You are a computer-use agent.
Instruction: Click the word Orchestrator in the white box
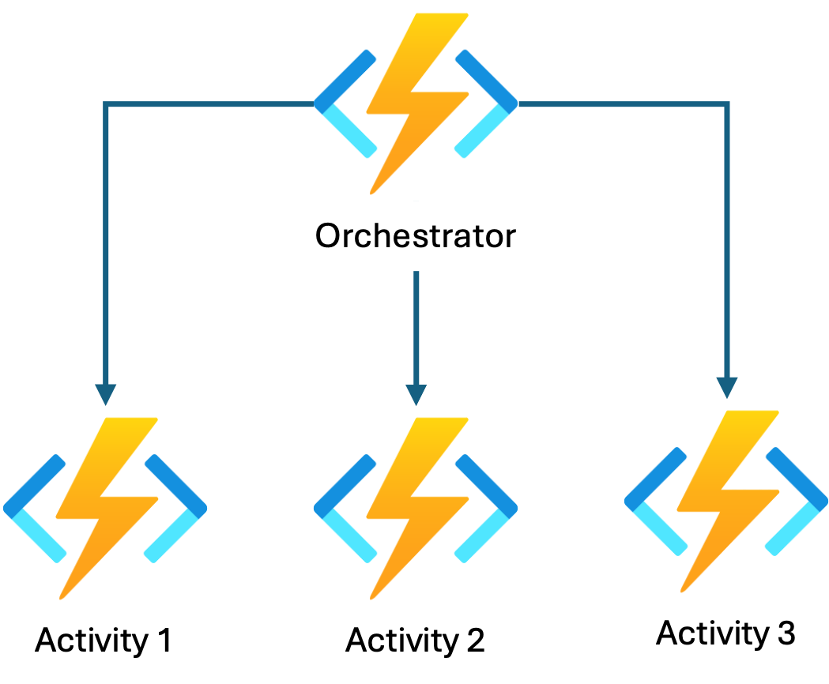click(416, 236)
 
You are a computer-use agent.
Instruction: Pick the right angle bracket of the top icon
click(486, 103)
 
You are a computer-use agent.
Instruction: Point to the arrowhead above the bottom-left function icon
click(106, 393)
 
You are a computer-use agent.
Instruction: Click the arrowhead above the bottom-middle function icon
click(416, 393)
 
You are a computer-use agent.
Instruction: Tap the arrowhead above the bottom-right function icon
click(727, 387)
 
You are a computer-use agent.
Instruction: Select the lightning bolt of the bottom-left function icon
click(106, 505)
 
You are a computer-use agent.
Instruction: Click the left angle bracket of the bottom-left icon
click(35, 509)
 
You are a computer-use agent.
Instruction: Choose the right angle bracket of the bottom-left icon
click(175, 509)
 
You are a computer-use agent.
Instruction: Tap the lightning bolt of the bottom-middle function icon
click(416, 505)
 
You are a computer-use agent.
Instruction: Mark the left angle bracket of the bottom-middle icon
click(345, 509)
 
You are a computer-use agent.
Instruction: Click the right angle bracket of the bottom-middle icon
click(487, 509)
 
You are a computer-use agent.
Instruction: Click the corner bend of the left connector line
click(106, 104)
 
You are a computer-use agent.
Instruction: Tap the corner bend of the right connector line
click(727, 104)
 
